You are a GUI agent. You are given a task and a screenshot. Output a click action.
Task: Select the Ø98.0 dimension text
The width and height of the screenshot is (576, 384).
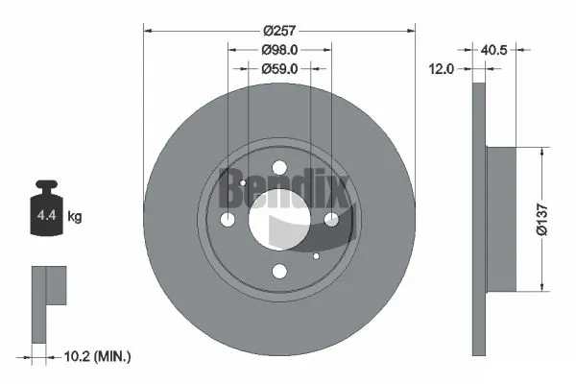pyautogui.click(x=279, y=49)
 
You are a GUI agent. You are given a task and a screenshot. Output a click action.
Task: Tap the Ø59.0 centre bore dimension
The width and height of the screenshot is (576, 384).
pyautogui.click(x=279, y=68)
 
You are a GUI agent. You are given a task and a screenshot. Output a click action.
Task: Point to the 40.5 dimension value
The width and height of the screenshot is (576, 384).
pyautogui.click(x=494, y=49)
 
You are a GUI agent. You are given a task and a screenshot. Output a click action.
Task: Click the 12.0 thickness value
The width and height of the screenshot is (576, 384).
pyautogui.click(x=442, y=68)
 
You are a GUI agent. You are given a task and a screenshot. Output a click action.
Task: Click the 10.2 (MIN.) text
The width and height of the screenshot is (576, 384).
pyautogui.click(x=95, y=356)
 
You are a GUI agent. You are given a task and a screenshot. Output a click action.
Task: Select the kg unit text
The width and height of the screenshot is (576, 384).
pyautogui.click(x=75, y=218)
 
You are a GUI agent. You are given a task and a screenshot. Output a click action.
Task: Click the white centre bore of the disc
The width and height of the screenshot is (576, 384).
pyautogui.click(x=279, y=219)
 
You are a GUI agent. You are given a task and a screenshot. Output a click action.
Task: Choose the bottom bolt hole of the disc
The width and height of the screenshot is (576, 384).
pyautogui.click(x=279, y=271)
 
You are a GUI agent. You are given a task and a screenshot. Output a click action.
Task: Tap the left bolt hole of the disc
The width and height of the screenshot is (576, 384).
pyautogui.click(x=228, y=220)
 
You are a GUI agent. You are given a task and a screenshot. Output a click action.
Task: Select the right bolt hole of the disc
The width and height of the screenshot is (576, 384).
pyautogui.click(x=331, y=220)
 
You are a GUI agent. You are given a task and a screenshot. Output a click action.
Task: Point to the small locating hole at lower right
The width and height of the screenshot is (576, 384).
pyautogui.click(x=316, y=256)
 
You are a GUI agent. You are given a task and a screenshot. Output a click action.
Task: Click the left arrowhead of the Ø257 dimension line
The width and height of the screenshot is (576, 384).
pyautogui.click(x=147, y=30)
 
